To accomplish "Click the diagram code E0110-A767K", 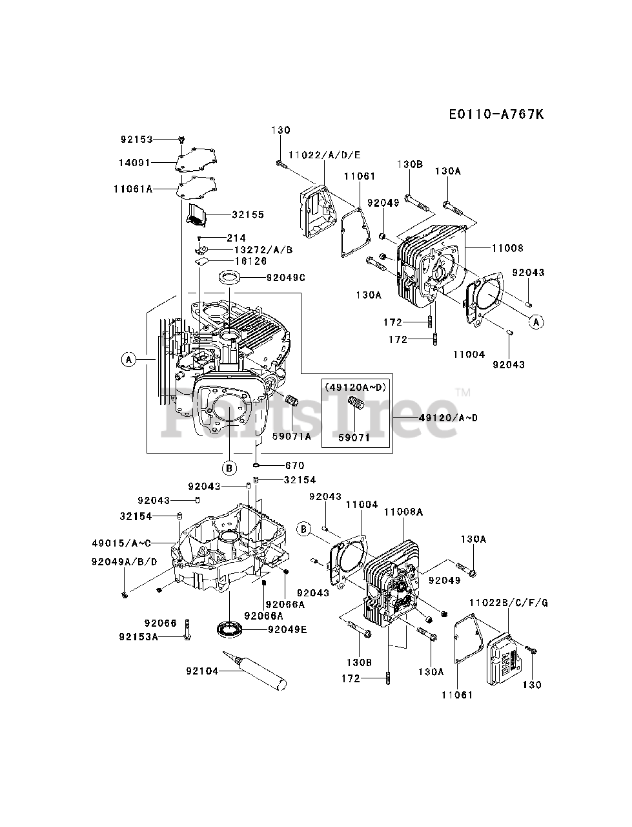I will (x=496, y=114).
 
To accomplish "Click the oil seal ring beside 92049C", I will (x=229, y=278).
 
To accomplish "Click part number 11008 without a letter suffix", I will (x=507, y=248).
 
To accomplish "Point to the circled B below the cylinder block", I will (x=229, y=466).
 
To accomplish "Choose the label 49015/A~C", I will (x=131, y=543).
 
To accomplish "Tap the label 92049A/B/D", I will (x=124, y=561).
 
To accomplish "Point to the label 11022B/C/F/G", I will (x=508, y=602).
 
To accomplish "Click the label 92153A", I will (x=138, y=636).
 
